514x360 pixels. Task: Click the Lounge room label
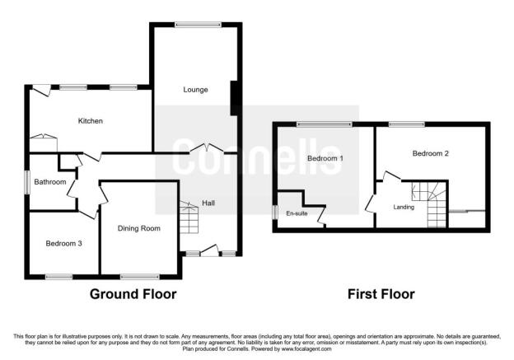click(x=195, y=90)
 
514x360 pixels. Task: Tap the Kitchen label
click(x=90, y=121)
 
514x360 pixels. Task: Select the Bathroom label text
click(x=50, y=181)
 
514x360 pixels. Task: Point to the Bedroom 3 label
click(x=63, y=243)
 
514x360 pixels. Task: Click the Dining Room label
click(x=139, y=228)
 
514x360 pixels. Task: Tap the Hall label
click(x=208, y=203)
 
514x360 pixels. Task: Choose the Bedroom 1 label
click(x=325, y=158)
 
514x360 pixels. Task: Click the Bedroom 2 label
click(x=431, y=153)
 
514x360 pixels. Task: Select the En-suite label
click(x=297, y=213)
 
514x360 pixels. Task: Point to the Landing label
click(x=404, y=208)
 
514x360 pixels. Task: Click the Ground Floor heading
click(x=133, y=294)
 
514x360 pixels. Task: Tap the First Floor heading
click(x=381, y=294)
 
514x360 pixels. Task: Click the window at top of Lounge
click(x=198, y=24)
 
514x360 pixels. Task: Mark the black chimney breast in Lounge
click(x=235, y=98)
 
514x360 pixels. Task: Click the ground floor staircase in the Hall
click(x=189, y=217)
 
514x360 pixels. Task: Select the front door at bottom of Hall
click(x=209, y=250)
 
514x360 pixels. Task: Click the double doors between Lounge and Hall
click(x=207, y=148)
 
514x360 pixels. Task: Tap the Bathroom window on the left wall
click(x=27, y=182)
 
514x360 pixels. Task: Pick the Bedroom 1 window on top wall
click(x=325, y=124)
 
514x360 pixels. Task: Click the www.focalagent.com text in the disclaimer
click(x=306, y=348)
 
